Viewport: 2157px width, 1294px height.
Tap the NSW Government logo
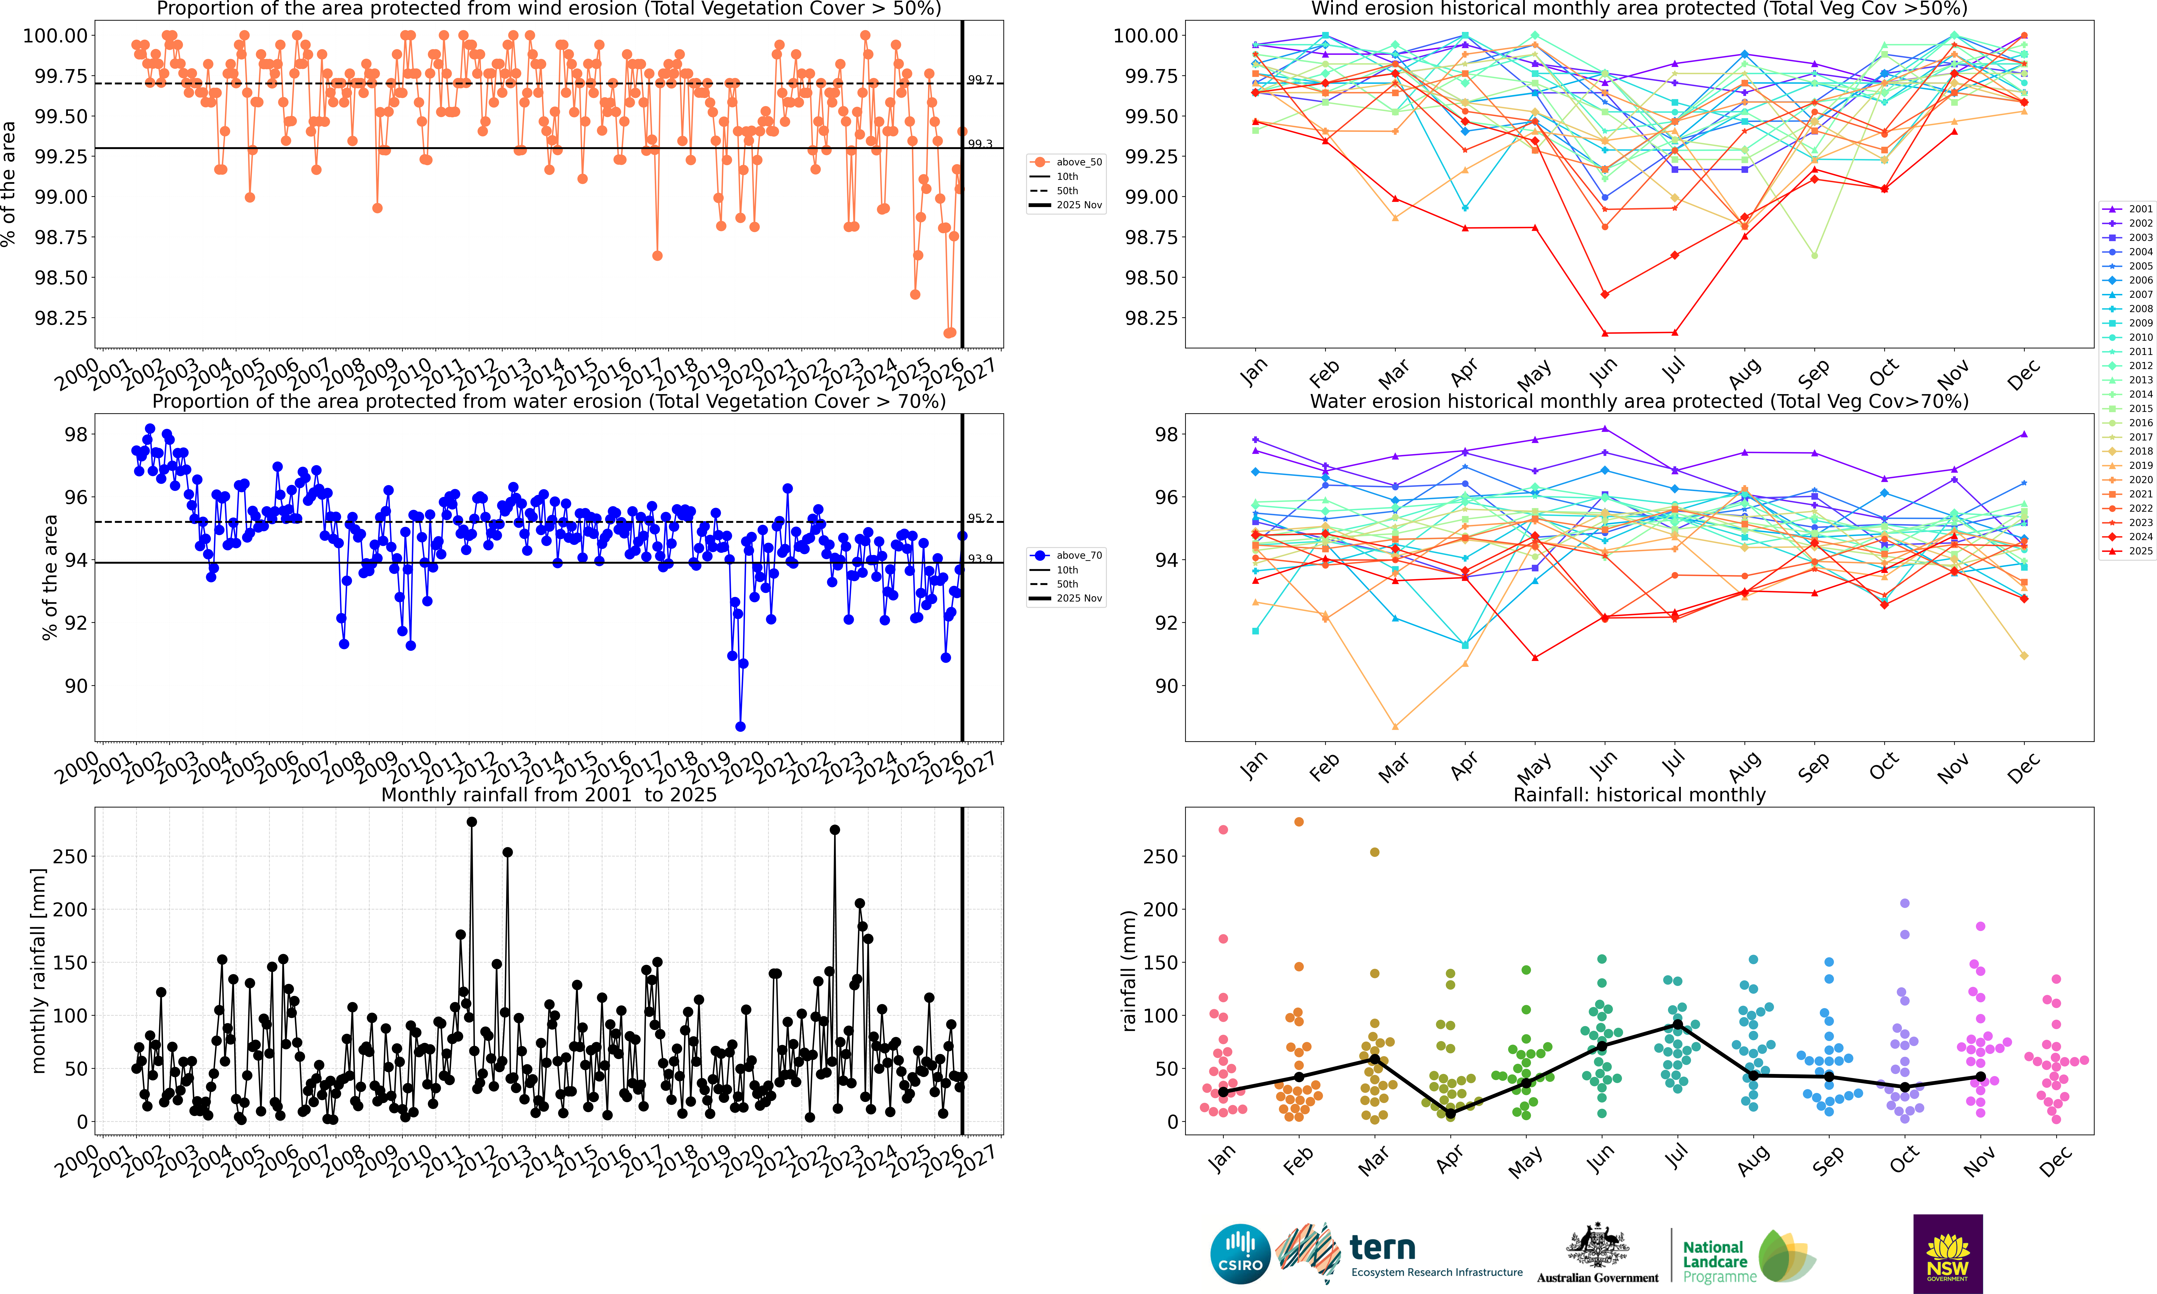click(x=1948, y=1253)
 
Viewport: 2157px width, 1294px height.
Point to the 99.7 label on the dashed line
click(x=980, y=79)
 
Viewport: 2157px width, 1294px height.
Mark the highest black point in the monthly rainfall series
click(x=472, y=822)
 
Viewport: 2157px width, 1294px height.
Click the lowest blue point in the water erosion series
click(x=740, y=726)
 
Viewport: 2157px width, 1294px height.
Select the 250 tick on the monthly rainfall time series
click(x=70, y=856)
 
